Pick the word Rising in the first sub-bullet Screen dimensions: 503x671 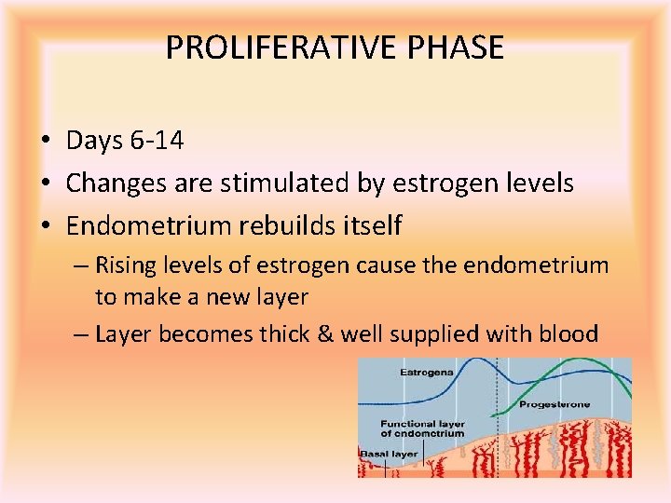click(x=127, y=265)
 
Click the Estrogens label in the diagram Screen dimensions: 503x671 click(x=427, y=372)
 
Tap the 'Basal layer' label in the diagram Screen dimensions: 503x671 click(x=389, y=454)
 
